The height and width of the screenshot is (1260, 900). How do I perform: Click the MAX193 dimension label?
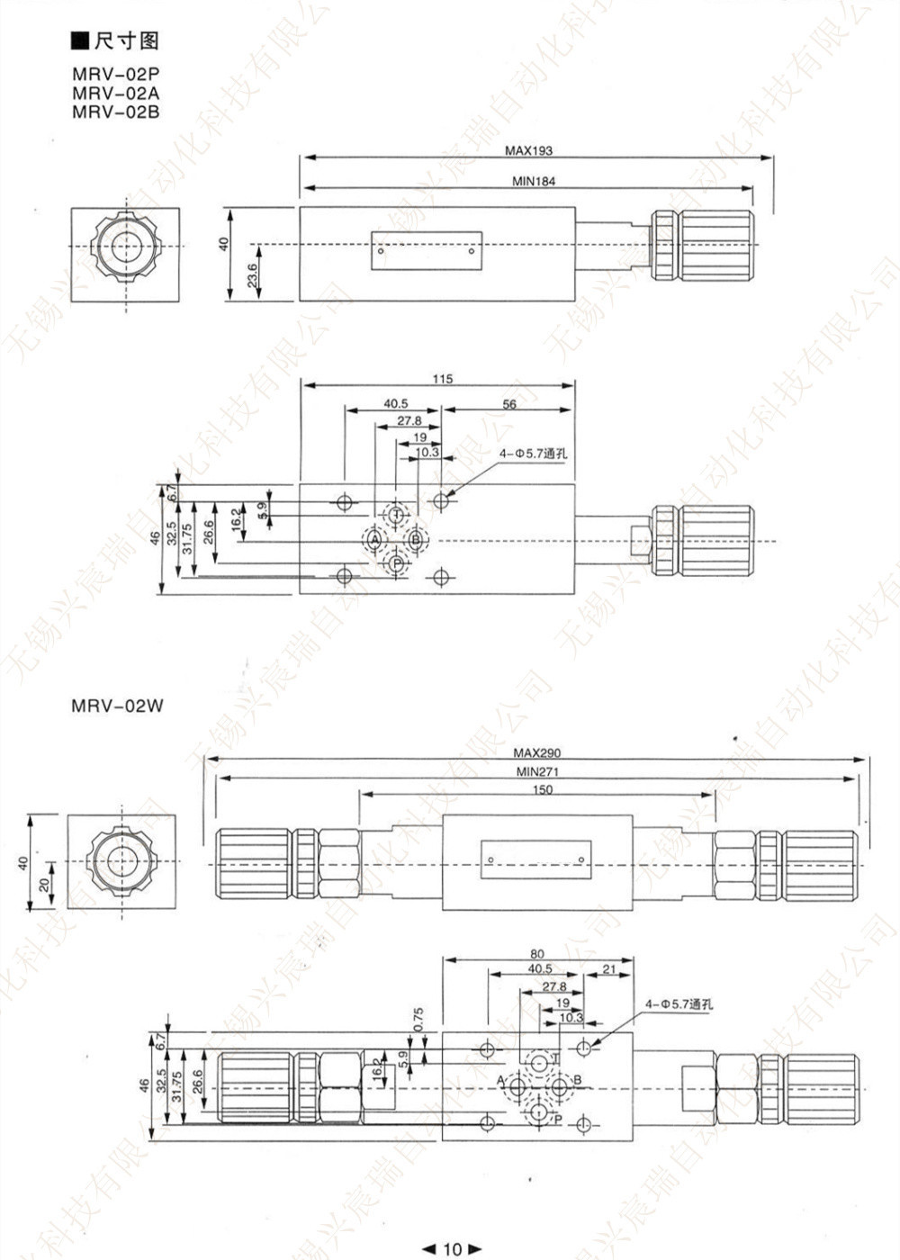pyautogui.click(x=528, y=150)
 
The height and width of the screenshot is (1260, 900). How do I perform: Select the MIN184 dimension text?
pyautogui.click(x=534, y=181)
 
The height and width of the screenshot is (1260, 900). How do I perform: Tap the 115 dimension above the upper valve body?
pyautogui.click(x=442, y=379)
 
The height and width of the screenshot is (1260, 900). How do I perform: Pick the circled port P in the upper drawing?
pyautogui.click(x=396, y=564)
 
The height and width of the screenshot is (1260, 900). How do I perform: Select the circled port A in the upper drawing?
pyautogui.click(x=373, y=540)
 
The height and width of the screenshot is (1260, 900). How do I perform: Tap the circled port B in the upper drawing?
pyautogui.click(x=415, y=540)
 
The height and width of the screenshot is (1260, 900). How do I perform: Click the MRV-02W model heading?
pyautogui.click(x=118, y=706)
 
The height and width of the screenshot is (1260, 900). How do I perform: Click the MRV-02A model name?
pyautogui.click(x=116, y=94)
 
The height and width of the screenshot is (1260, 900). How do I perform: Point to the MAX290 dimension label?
pyautogui.click(x=536, y=753)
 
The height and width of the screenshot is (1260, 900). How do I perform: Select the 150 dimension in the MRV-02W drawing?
pyautogui.click(x=542, y=789)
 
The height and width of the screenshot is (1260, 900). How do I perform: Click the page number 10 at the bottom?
pyautogui.click(x=452, y=1248)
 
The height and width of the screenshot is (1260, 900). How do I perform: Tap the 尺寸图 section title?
pyautogui.click(x=125, y=41)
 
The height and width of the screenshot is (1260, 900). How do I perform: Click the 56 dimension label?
pyautogui.click(x=509, y=404)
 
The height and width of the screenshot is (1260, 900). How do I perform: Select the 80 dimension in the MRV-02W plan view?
pyautogui.click(x=537, y=954)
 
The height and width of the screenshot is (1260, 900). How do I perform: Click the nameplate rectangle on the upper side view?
pyautogui.click(x=427, y=251)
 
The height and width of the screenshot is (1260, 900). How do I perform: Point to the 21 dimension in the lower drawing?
pyautogui.click(x=609, y=968)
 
